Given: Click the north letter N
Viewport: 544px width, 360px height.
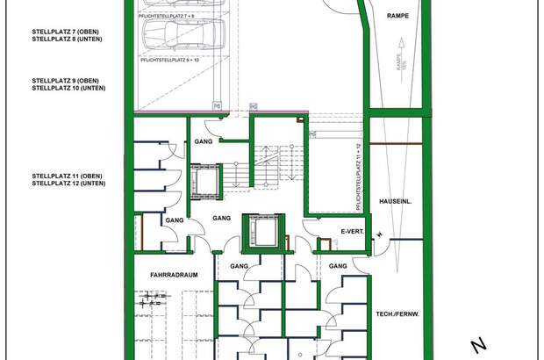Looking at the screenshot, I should tap(478, 344).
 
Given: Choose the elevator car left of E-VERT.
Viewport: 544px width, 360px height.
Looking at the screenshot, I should tap(262, 231).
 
